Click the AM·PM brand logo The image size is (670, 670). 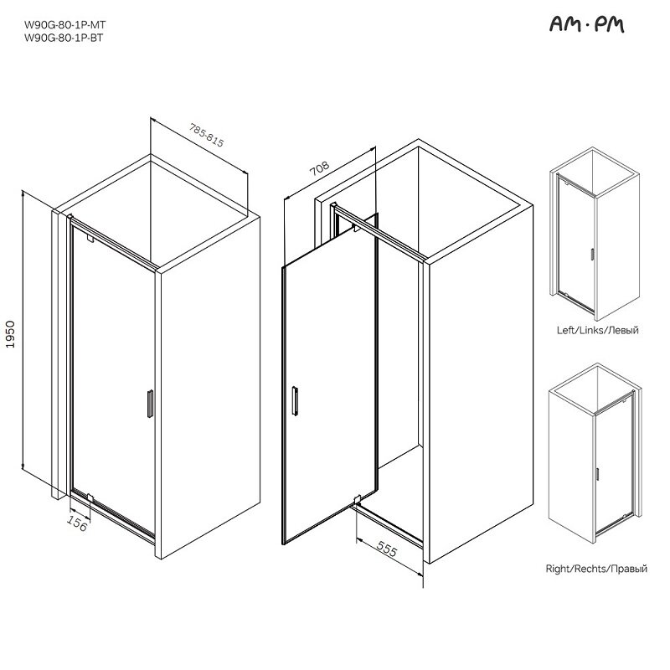point(586,24)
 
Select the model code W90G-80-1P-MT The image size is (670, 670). point(64,25)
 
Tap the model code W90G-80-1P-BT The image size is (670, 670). point(64,38)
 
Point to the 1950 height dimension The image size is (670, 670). point(10,334)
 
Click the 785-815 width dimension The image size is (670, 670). point(207,135)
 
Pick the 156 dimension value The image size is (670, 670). point(77,523)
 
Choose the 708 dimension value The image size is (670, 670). point(320,168)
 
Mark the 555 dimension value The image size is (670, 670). point(387,549)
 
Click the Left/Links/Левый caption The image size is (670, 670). point(597,330)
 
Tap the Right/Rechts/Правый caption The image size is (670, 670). point(596,569)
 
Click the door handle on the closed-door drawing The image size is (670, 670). point(150,404)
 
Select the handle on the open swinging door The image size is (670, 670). point(295,400)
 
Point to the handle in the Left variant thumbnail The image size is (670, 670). point(592,255)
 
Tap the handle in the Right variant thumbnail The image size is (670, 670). point(597,474)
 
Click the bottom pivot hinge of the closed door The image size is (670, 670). point(90,497)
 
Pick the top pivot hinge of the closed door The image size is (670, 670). point(90,239)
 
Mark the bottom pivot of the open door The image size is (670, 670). point(358,498)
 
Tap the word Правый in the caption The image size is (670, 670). point(629,569)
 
